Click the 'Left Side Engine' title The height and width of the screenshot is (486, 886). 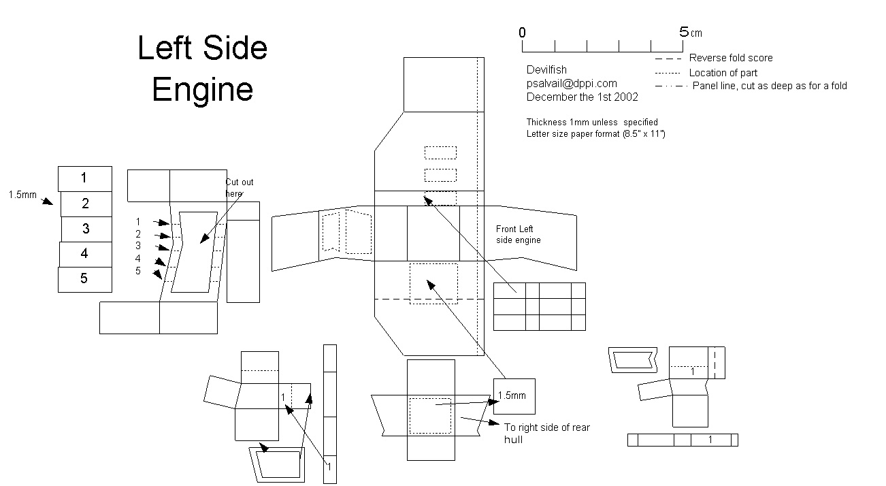(203, 69)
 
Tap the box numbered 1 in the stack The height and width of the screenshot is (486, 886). (84, 178)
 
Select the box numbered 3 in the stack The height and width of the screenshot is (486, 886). (86, 228)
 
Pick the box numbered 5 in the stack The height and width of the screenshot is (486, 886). (84, 278)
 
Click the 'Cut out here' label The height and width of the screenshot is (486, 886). (239, 188)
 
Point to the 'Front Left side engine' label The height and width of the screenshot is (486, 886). (519, 235)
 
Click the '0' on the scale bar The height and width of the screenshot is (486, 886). (522, 33)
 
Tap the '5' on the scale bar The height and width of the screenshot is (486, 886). (684, 32)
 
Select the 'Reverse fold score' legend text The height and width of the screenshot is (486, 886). (731, 59)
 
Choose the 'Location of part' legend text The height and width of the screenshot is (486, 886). (723, 73)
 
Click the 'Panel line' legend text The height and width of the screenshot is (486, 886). (770, 86)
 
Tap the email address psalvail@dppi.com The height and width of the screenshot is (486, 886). (572, 84)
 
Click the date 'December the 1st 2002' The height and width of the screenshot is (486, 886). (582, 97)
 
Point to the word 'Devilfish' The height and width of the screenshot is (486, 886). (546, 70)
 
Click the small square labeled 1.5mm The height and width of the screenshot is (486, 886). (514, 396)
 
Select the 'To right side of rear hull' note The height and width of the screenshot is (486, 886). (547, 433)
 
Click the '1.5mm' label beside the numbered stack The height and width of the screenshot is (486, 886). (22, 195)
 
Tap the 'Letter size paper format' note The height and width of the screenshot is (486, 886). (595, 134)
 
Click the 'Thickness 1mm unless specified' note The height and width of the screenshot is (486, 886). (592, 123)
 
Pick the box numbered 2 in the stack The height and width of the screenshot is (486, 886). (86, 203)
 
